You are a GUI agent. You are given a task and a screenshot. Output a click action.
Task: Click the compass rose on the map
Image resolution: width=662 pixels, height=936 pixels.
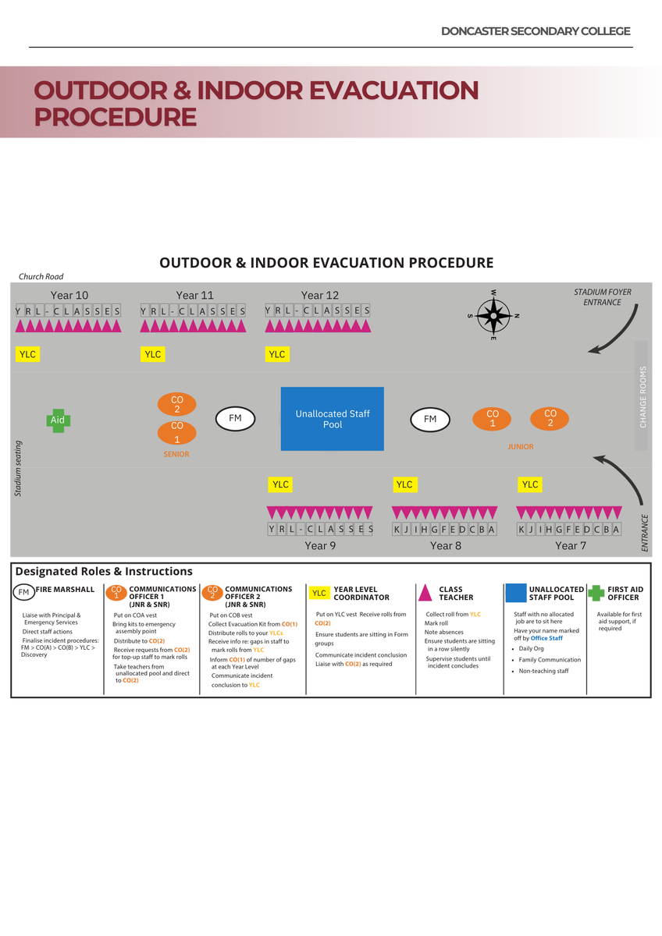pos(493,315)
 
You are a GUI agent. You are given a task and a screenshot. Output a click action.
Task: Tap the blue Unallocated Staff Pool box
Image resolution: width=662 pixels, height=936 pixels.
pos(333,419)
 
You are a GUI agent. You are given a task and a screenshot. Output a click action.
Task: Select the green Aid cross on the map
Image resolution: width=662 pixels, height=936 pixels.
pos(58,420)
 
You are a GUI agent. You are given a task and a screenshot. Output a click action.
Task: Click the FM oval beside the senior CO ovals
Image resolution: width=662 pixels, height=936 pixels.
pos(235,419)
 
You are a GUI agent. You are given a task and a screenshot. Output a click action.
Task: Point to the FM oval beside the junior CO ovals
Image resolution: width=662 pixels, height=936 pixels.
pos(430,420)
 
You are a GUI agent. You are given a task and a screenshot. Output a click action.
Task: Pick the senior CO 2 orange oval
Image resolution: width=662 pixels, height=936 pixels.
pos(177,404)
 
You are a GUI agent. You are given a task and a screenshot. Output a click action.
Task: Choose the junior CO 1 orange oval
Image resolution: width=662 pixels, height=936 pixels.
pos(493,419)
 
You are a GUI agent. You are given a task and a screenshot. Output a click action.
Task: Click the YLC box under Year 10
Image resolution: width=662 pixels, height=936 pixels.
pos(28,354)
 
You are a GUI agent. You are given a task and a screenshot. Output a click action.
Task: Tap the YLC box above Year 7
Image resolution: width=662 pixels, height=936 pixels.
pos(530,484)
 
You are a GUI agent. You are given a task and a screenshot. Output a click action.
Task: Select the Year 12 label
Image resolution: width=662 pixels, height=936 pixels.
pos(320,295)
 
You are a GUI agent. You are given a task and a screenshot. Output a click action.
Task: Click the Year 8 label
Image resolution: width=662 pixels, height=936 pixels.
pos(446,545)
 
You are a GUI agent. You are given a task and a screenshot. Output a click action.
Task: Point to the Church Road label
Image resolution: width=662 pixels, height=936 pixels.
pos(41,277)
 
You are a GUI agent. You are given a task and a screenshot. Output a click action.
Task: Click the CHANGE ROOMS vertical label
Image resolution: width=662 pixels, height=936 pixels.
pos(643,396)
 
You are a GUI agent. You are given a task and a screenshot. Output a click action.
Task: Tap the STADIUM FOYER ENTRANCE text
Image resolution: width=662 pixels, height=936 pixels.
pos(603,297)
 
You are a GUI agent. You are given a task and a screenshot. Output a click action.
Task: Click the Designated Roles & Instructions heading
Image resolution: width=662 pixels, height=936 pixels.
pos(104,571)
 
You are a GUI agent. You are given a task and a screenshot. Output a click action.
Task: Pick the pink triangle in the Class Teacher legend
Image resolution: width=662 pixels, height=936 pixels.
pos(425,594)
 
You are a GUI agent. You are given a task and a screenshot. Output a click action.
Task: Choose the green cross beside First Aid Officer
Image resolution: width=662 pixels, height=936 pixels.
pos(596,593)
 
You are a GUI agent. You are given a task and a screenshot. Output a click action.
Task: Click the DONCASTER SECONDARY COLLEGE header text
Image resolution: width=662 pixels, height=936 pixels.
pos(536,31)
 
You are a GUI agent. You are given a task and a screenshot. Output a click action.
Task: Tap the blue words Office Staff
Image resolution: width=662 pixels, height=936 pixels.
pos(546,638)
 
